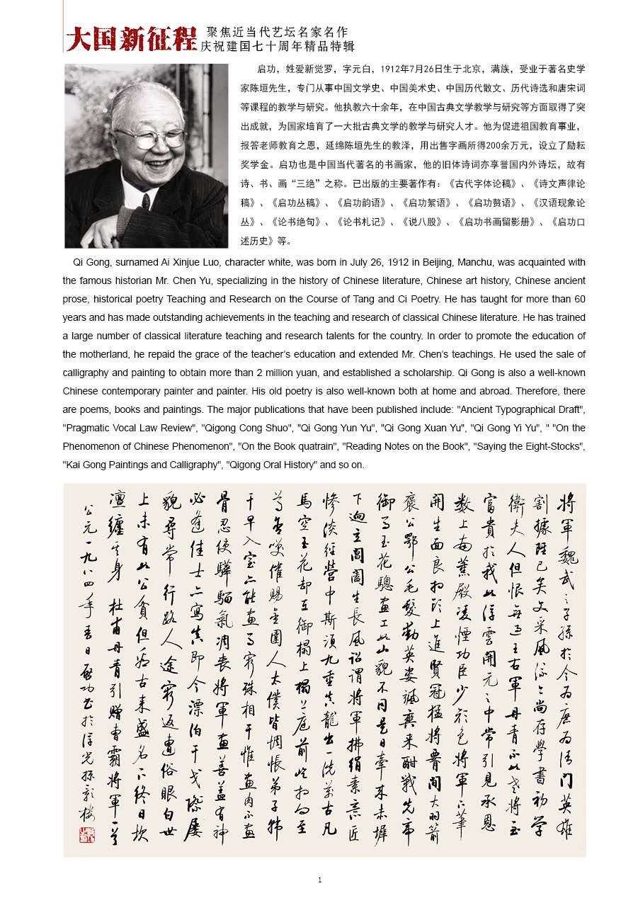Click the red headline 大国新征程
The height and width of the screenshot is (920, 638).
click(131, 39)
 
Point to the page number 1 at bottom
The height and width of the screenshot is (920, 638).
click(320, 880)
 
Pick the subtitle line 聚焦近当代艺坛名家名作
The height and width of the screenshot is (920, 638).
click(277, 33)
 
